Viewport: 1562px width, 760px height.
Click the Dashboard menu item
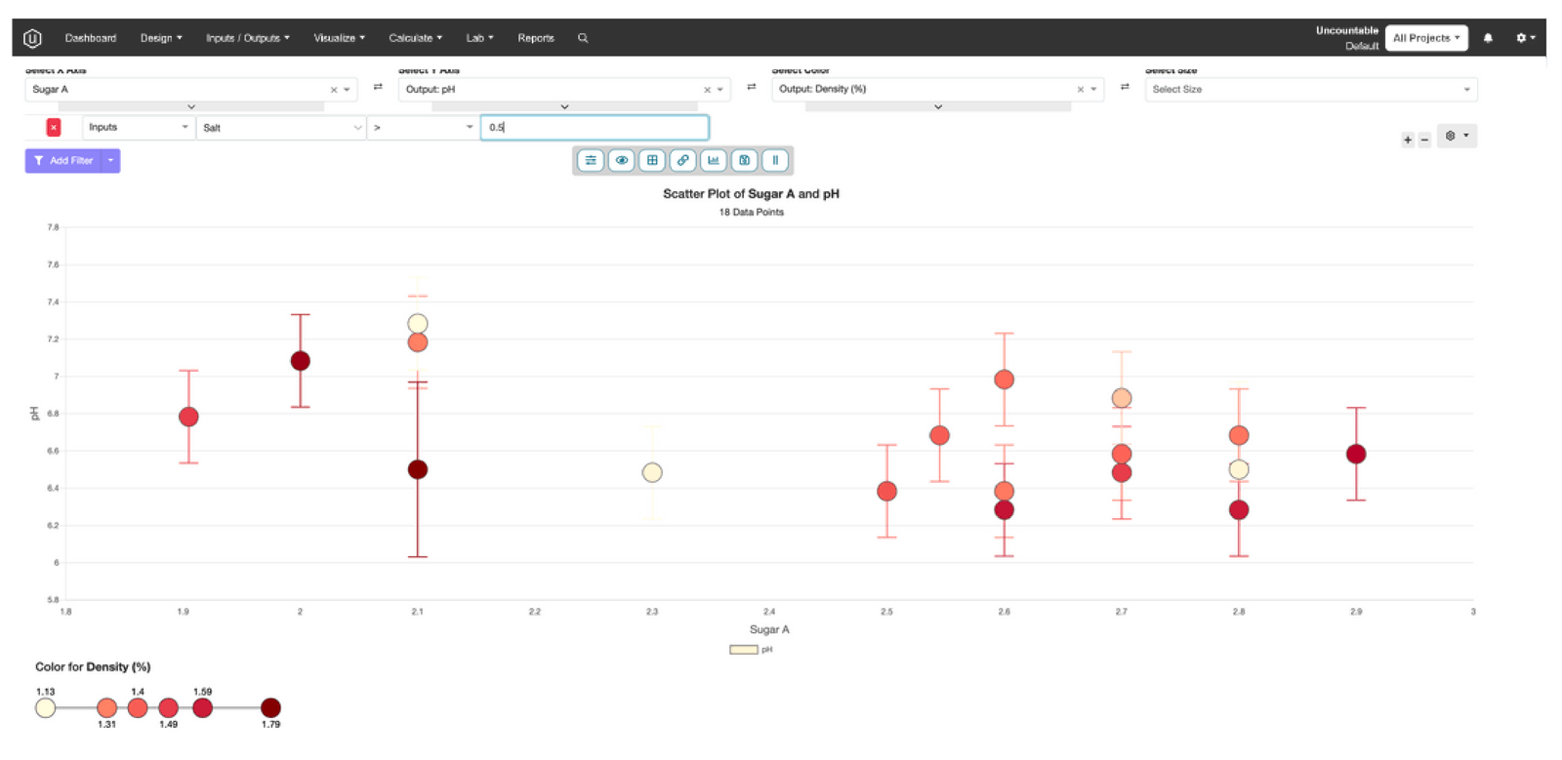[90, 38]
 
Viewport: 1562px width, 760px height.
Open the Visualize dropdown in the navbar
[339, 38]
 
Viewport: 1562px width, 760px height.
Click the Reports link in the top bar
[536, 38]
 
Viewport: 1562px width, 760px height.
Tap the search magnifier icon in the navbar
[583, 38]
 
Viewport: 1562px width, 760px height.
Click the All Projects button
[1426, 38]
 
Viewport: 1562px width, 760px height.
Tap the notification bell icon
[1488, 38]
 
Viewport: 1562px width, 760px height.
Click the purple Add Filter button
[64, 161]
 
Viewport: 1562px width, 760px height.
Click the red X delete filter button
[54, 128]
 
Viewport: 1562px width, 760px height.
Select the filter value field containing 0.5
[594, 128]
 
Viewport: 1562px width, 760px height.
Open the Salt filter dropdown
[281, 128]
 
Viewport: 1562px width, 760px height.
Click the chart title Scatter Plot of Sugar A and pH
[751, 194]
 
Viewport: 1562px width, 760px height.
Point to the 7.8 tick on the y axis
[53, 227]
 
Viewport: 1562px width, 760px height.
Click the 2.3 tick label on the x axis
[652, 612]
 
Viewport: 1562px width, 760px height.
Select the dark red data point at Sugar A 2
[301, 361]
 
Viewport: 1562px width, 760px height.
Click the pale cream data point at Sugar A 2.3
[652, 472]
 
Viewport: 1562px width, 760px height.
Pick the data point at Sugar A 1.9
[188, 417]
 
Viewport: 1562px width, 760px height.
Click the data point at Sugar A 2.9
[1356, 454]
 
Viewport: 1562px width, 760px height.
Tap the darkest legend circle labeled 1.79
[271, 707]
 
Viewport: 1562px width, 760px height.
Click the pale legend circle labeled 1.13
[46, 707]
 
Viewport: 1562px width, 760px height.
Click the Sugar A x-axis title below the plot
[769, 630]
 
